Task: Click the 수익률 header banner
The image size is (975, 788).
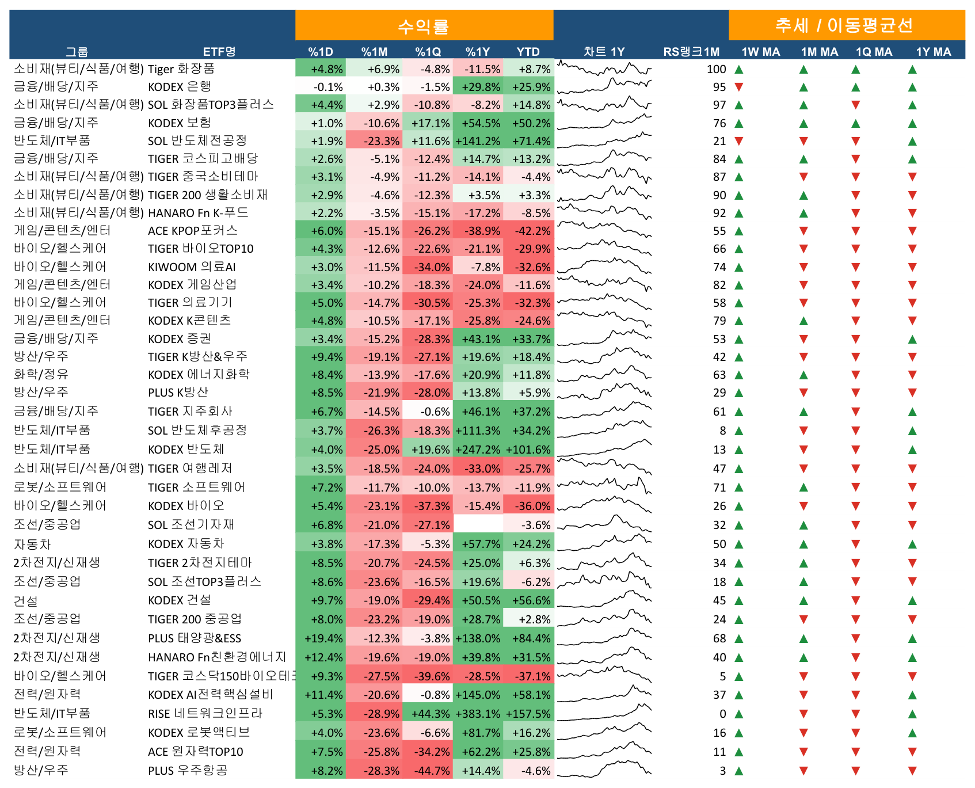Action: (x=424, y=25)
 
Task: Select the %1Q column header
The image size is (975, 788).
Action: (x=428, y=52)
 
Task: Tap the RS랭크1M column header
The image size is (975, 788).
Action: (x=691, y=52)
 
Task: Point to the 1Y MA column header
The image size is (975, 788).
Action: (x=934, y=52)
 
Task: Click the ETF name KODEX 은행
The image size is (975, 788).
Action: (x=180, y=87)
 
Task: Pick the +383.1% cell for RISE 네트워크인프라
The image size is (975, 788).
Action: (x=478, y=714)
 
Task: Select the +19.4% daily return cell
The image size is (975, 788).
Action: (x=321, y=638)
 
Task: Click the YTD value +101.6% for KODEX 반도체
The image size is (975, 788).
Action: (x=528, y=450)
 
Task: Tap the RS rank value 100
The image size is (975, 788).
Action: (x=717, y=69)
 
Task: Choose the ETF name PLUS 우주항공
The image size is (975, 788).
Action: (x=188, y=771)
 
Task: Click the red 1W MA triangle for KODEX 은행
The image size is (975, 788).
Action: (x=739, y=87)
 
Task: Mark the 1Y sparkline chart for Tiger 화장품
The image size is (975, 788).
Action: (x=604, y=69)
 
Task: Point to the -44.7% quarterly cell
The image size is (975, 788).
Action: (x=428, y=771)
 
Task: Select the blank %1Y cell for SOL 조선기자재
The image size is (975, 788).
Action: (x=478, y=525)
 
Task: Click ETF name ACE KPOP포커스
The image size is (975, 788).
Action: (x=193, y=231)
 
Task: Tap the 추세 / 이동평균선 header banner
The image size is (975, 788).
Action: (x=847, y=25)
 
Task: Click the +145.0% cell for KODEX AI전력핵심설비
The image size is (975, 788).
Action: (x=478, y=695)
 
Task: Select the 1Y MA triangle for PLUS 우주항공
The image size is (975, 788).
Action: (x=912, y=771)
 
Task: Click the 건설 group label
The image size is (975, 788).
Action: (x=26, y=600)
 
